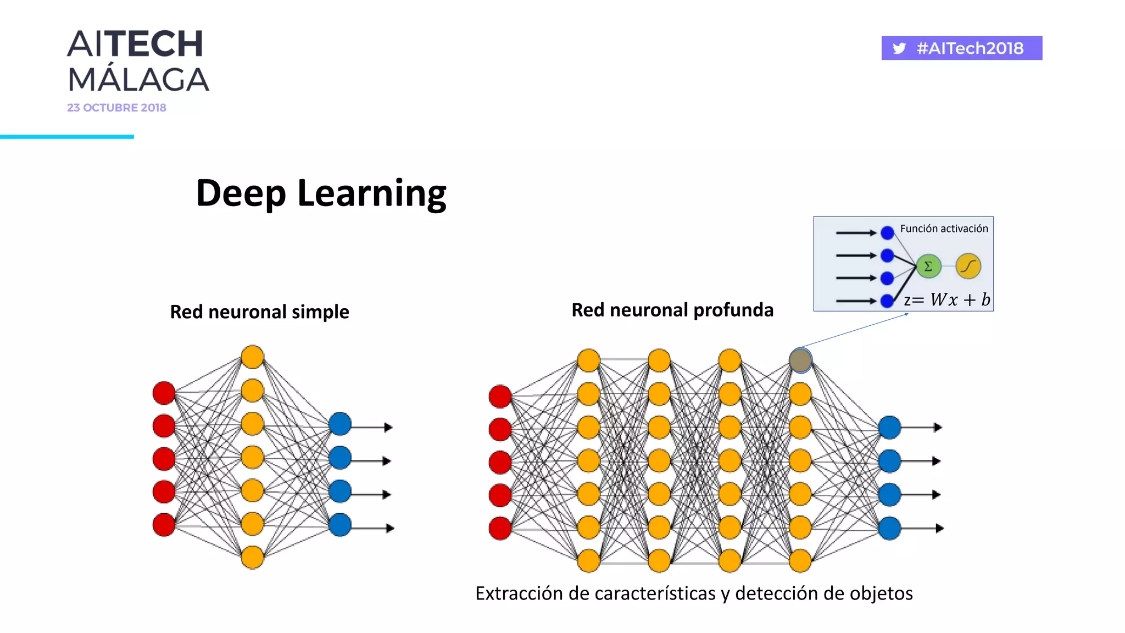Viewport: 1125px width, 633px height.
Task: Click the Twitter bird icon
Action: click(x=899, y=48)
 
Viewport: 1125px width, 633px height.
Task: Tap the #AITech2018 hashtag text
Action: click(x=970, y=48)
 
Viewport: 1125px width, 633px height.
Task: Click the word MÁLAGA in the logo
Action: click(x=138, y=80)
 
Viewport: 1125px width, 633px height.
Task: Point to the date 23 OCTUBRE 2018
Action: click(x=116, y=108)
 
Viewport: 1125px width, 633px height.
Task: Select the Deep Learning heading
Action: click(x=321, y=193)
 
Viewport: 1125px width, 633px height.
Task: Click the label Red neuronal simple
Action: click(x=259, y=312)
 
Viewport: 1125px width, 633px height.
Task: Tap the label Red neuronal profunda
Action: click(x=672, y=310)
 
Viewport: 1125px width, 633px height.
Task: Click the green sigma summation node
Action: click(x=928, y=266)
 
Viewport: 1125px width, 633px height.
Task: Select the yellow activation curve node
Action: click(x=968, y=266)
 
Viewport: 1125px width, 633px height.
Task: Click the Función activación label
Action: click(x=944, y=229)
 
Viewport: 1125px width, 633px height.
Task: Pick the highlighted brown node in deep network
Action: click(x=800, y=360)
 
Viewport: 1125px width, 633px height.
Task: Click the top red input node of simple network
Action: click(x=164, y=393)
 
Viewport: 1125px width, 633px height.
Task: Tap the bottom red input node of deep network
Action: click(x=500, y=529)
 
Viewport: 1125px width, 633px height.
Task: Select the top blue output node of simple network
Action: click(x=340, y=424)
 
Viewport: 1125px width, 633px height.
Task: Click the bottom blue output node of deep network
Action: click(x=889, y=529)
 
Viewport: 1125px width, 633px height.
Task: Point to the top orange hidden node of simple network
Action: click(x=253, y=357)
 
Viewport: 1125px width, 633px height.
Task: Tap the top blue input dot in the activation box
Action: click(x=887, y=233)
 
